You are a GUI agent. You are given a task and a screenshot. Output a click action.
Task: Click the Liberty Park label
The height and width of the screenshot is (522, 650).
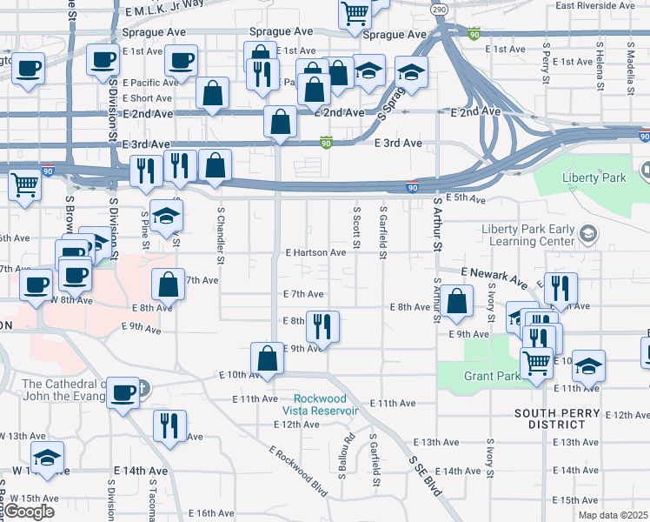click(594, 177)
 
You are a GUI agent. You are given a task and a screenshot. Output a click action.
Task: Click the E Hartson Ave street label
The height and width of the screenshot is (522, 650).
click(315, 252)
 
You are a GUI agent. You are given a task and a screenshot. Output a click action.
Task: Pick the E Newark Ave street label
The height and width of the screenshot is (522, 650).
click(494, 278)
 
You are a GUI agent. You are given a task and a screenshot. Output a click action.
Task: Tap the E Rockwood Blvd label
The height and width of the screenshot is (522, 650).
click(299, 472)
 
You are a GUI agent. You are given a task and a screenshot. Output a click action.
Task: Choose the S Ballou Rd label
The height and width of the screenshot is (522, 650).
click(349, 448)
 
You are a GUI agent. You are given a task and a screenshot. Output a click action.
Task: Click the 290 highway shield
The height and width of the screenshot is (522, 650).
click(439, 8)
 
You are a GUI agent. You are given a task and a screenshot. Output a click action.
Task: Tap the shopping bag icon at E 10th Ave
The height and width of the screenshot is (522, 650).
click(268, 358)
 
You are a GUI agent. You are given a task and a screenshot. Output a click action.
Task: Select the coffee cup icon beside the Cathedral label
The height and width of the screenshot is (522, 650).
click(123, 393)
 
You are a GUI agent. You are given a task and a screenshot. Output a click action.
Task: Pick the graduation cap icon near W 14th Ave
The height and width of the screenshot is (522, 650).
click(47, 457)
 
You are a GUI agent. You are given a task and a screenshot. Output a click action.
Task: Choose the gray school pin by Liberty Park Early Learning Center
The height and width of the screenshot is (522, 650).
click(588, 233)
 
